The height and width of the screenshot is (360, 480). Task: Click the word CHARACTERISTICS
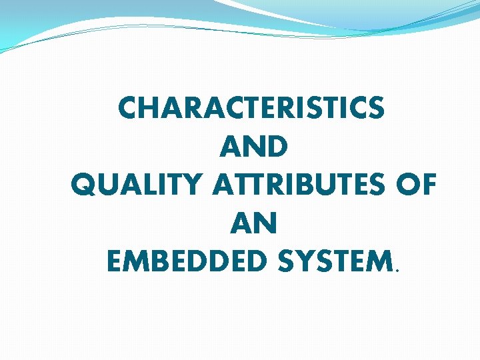(x=252, y=108)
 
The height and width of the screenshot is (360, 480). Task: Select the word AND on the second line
(x=253, y=147)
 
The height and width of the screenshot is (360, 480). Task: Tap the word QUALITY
(x=137, y=185)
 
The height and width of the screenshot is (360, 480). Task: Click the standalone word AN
(x=253, y=223)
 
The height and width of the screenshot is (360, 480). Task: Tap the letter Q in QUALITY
(x=83, y=185)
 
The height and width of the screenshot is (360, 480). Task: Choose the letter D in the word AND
(x=276, y=147)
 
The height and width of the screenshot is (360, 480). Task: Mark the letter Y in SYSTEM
(x=303, y=261)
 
